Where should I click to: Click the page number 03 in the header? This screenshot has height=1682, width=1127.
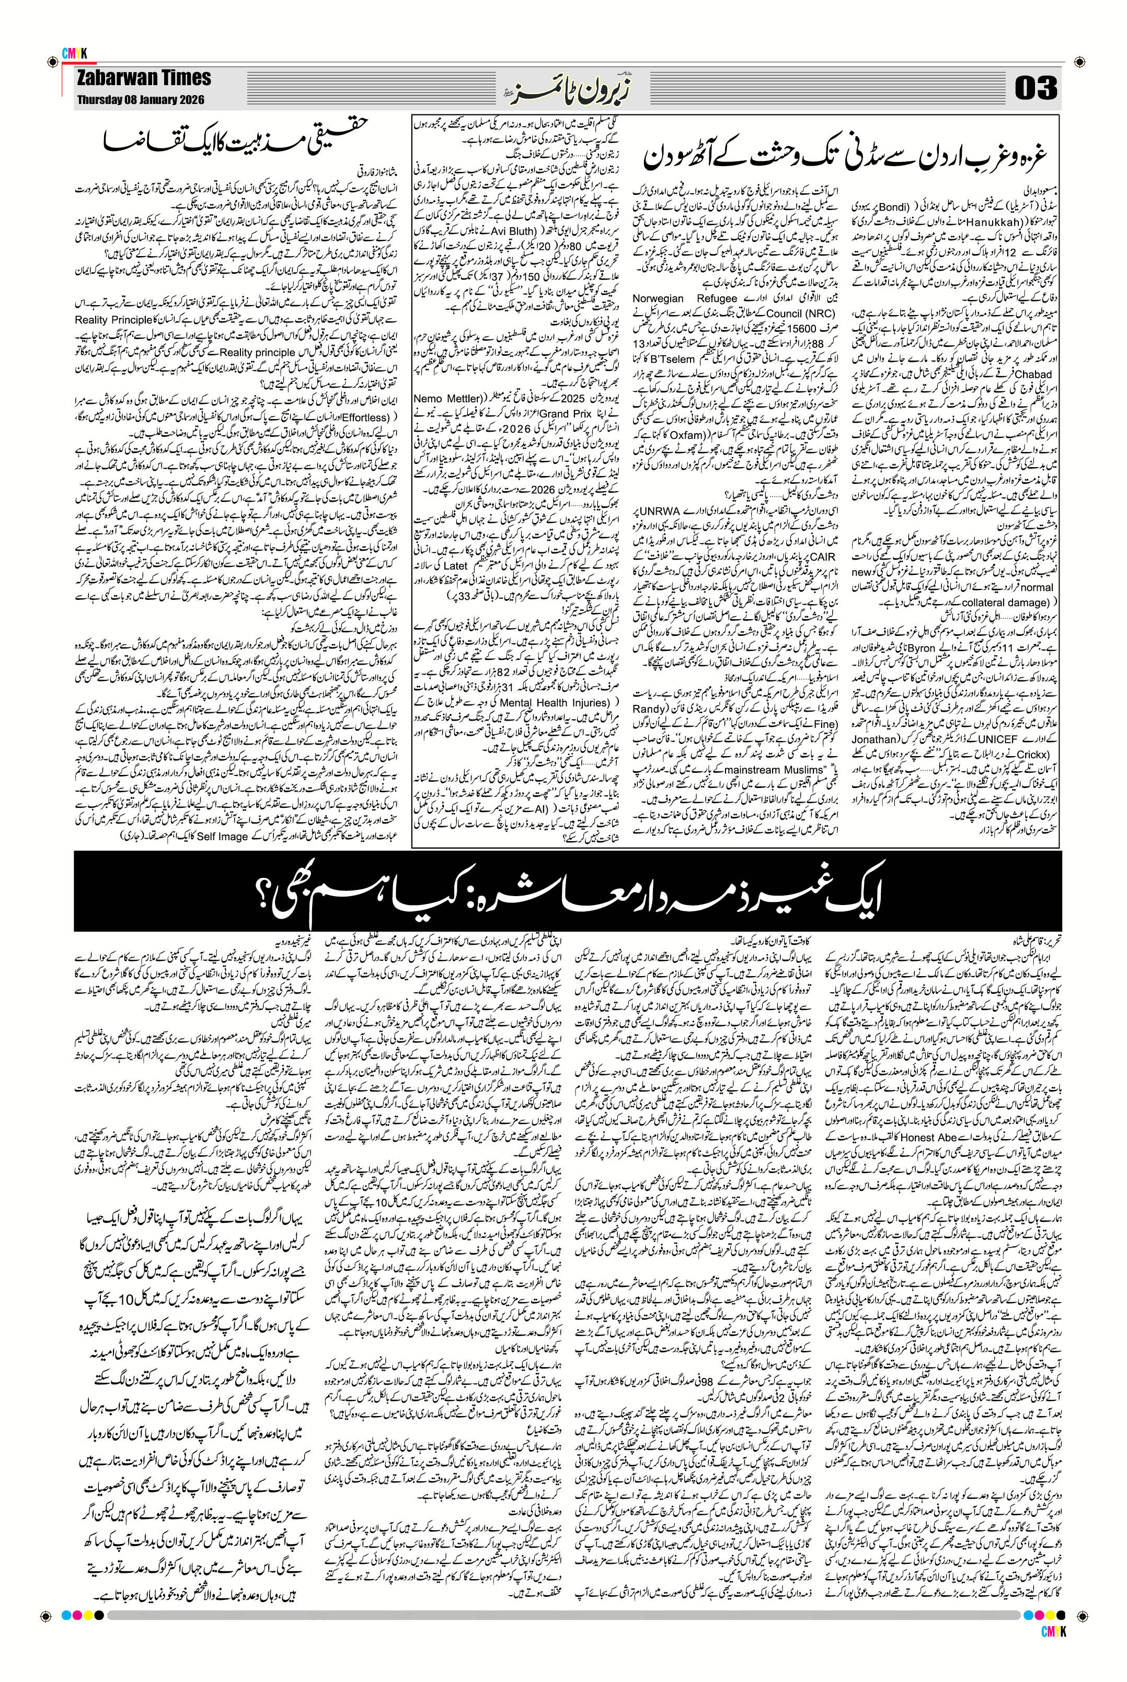tap(1036, 89)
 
